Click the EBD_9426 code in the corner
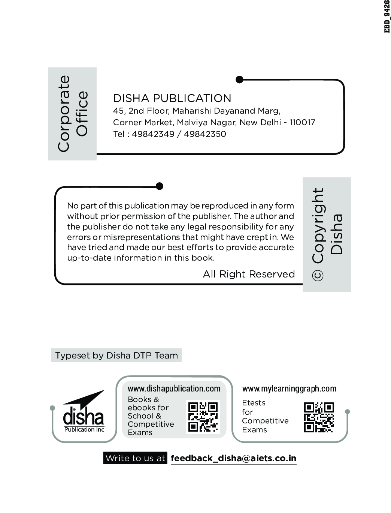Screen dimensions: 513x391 click(x=387, y=16)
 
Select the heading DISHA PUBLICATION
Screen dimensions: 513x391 click(x=172, y=98)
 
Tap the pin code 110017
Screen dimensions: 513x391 click(x=302, y=122)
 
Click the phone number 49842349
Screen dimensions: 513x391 click(x=153, y=134)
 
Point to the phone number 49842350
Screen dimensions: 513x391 click(x=205, y=134)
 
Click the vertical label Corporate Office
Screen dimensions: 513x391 click(x=73, y=114)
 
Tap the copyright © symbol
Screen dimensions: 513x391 click(x=318, y=276)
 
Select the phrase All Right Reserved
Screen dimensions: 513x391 click(x=249, y=274)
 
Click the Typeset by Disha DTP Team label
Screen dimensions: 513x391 click(x=116, y=355)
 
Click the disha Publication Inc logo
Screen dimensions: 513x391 click(x=84, y=412)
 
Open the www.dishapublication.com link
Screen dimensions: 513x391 click(x=174, y=388)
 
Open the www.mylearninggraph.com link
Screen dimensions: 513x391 click(x=289, y=388)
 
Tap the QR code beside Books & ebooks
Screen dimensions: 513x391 click(x=203, y=417)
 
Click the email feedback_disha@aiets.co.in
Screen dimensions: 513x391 click(x=233, y=458)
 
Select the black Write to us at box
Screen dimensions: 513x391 click(x=135, y=458)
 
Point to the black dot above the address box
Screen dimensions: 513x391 click(x=239, y=79)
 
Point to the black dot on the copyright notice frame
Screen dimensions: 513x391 click(x=160, y=186)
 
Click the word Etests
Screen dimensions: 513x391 click(x=254, y=403)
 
